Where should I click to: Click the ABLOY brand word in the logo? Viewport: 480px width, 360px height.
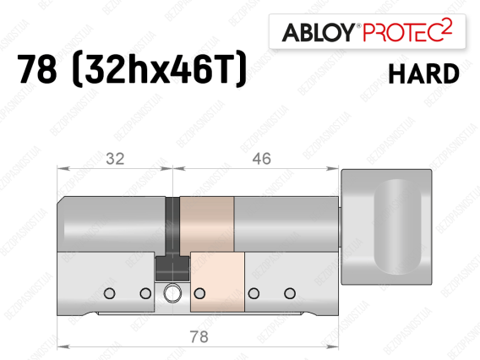(319, 32)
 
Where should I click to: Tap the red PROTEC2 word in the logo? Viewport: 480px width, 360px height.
(407, 30)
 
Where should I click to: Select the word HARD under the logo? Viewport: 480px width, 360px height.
(423, 74)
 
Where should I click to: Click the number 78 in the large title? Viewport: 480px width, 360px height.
(37, 68)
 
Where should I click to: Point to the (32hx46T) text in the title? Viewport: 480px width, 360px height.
(159, 68)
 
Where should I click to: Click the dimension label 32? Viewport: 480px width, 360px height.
(115, 159)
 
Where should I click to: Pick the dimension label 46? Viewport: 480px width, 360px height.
(261, 159)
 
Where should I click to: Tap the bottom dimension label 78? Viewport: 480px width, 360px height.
(199, 336)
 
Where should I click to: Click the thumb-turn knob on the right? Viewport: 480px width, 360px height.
(387, 227)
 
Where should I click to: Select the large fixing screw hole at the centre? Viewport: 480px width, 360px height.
(172, 293)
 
